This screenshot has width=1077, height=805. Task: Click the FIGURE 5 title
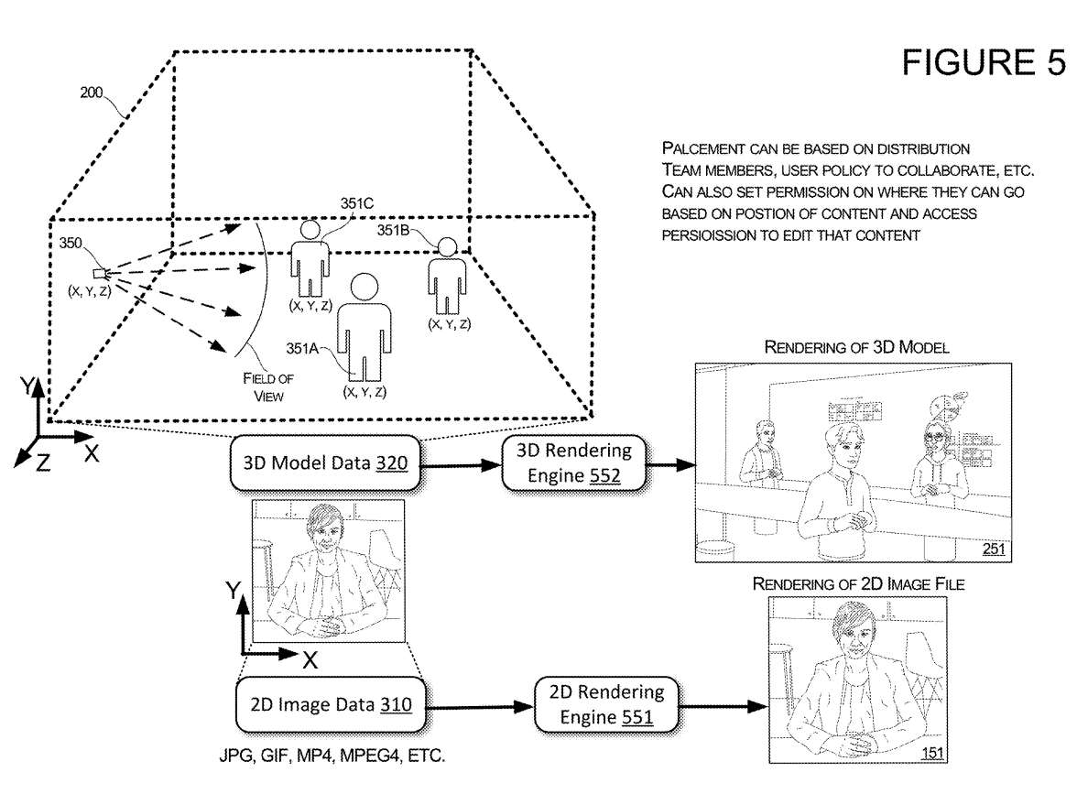pyautogui.click(x=984, y=61)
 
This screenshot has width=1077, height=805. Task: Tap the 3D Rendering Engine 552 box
pyautogui.click(x=574, y=462)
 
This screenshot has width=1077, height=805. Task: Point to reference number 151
pyautogui.click(x=931, y=754)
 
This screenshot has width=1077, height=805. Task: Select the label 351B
pyautogui.click(x=395, y=231)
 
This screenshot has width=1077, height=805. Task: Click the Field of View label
pyautogui.click(x=263, y=386)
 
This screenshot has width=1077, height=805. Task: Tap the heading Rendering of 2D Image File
pyautogui.click(x=858, y=583)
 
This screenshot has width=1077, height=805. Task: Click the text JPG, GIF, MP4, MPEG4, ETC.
pyautogui.click(x=330, y=757)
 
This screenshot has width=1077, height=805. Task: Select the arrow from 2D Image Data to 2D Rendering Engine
pyautogui.click(x=481, y=706)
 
